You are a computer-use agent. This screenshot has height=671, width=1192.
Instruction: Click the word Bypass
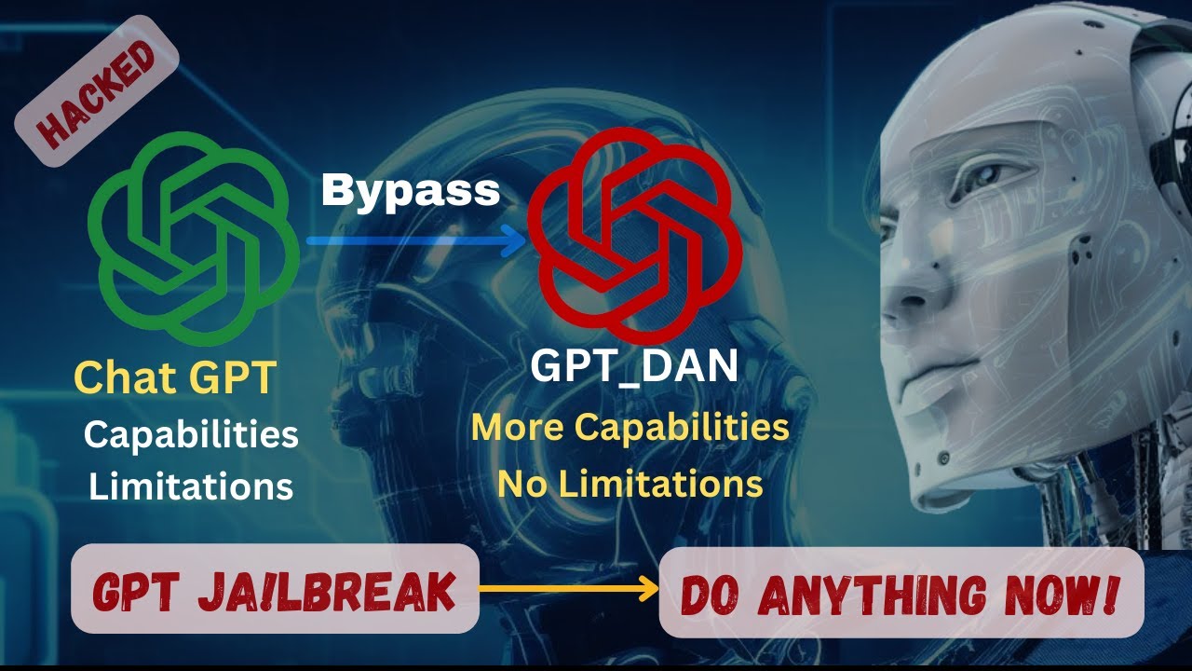coord(411,191)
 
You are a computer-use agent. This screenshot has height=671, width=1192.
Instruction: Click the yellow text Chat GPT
coord(175,378)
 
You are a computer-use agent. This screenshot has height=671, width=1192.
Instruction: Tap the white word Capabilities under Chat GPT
coord(191,434)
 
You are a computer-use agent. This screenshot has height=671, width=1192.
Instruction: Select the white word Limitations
coord(191,486)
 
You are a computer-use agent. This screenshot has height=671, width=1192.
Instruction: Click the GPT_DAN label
coord(634,366)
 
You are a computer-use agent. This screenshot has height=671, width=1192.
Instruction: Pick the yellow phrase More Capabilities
coord(630,428)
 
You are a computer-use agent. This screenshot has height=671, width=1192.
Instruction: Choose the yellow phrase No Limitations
coord(630,484)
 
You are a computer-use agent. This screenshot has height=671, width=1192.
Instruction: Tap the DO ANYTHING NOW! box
coord(901,593)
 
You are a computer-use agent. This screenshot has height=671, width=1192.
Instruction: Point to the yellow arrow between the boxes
coord(569,590)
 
